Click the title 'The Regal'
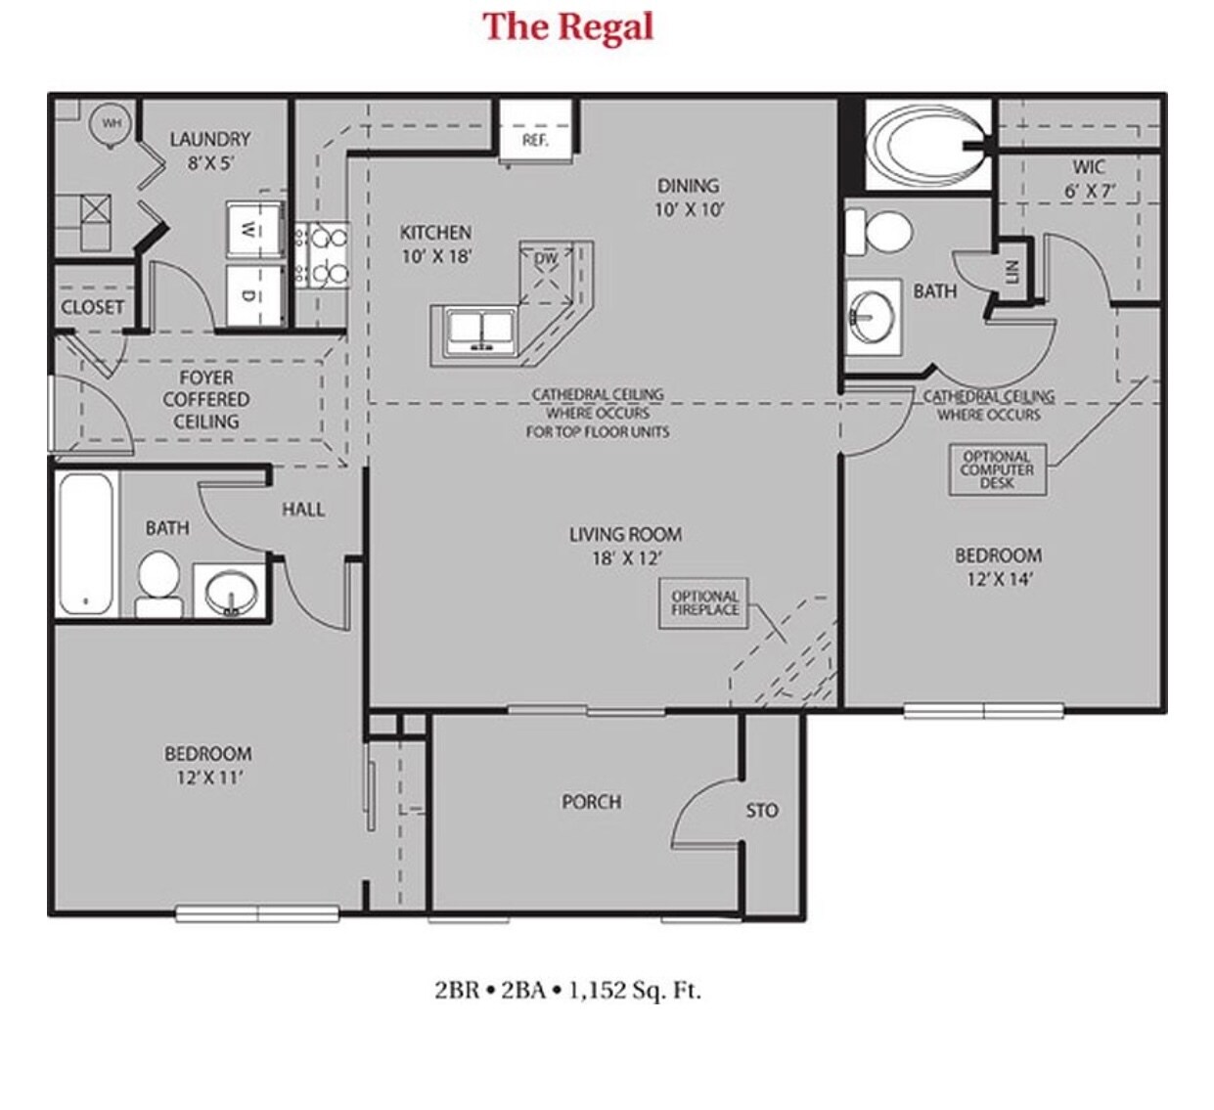tap(567, 26)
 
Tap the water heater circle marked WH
tap(112, 124)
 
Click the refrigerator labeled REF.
tap(534, 132)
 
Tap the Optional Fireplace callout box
tap(704, 603)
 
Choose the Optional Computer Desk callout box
tap(996, 469)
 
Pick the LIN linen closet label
tap(1012, 271)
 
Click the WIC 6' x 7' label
tap(1089, 179)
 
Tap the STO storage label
tap(762, 810)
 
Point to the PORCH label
tap(591, 802)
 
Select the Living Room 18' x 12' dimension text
tap(626, 558)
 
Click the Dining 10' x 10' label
tap(688, 197)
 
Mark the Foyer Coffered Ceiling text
tap(205, 399)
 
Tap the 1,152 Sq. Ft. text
tap(634, 990)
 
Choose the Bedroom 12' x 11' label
tap(207, 765)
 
